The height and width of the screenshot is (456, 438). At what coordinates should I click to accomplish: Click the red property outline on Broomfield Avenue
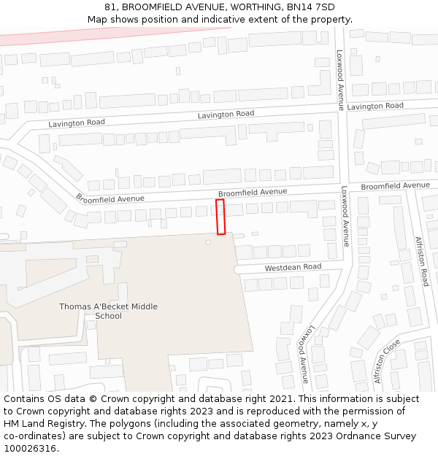(220, 217)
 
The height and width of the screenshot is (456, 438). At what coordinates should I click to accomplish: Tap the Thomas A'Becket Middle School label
(108, 311)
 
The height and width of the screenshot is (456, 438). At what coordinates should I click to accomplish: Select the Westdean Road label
(293, 268)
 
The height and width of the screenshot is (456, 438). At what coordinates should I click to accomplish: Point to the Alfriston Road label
(421, 261)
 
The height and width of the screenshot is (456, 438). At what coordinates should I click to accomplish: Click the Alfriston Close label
(386, 360)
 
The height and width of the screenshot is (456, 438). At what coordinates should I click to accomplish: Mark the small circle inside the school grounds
(208, 241)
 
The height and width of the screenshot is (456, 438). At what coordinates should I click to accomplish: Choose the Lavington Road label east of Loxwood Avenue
(375, 107)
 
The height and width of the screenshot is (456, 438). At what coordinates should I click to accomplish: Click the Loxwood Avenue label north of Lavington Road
(340, 80)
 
